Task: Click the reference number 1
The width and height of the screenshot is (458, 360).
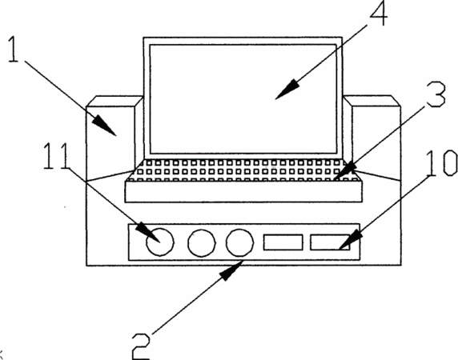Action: coord(13,50)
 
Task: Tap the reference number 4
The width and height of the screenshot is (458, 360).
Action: coord(379,14)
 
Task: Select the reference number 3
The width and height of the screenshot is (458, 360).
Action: coord(436,94)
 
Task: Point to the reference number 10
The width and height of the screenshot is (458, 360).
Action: coord(442,163)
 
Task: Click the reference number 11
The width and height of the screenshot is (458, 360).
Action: coord(56,156)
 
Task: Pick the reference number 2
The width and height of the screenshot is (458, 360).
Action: coord(141,347)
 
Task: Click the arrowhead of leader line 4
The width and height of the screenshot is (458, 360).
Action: coord(287,90)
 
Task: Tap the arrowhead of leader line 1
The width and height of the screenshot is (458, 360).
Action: coord(105,125)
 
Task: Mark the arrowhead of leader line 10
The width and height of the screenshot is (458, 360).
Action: coord(351,241)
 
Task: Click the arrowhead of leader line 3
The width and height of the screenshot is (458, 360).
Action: coord(345,171)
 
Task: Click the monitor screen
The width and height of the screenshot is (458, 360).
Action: coord(243,98)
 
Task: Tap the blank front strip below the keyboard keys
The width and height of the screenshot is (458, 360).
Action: coord(243,191)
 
